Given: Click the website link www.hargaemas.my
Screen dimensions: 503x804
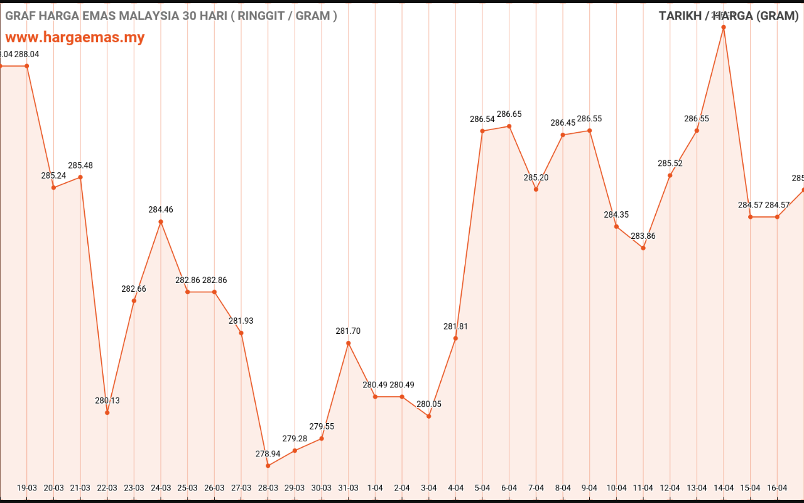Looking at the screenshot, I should coord(75,37).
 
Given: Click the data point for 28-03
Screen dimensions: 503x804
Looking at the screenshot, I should coord(268,466).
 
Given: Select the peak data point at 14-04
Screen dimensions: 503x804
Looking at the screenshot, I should coord(724,27).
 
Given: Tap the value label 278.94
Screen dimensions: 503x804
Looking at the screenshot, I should coord(268,454).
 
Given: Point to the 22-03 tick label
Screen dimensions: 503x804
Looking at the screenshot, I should coord(107,488).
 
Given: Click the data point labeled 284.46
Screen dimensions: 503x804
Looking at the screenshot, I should coord(161,221).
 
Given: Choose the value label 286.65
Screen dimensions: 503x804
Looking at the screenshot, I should coord(509,114).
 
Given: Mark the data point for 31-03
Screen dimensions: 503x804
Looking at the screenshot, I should coord(349,343).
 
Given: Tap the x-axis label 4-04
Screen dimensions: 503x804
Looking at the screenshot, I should coord(455,488).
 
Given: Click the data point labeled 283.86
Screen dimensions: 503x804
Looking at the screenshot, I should coord(643,248).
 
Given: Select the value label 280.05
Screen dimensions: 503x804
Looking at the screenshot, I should coord(429,404).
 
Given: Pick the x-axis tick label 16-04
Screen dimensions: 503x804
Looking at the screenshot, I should coord(777,488).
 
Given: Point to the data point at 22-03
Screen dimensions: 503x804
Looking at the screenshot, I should coord(107,412).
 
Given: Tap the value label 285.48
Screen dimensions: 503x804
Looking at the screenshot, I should coord(80,165).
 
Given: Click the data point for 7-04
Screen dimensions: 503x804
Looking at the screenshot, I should coord(536,189).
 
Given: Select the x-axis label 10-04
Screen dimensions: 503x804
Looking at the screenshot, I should coord(616,488).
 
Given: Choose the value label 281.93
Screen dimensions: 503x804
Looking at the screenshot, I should coord(241,321).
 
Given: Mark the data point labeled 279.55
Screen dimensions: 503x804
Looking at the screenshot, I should coord(322,438).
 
